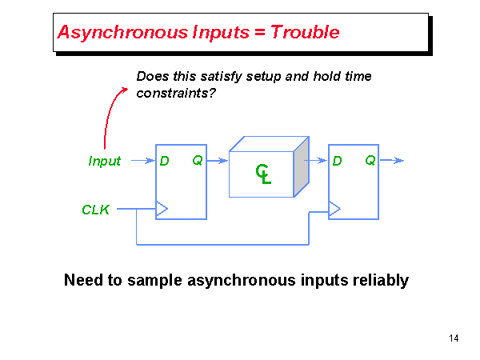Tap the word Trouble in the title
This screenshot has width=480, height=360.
pos(305,33)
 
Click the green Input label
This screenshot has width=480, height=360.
pos(104,161)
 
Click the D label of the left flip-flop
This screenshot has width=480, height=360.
pos(164,161)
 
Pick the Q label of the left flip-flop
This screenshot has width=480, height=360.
pos(197,161)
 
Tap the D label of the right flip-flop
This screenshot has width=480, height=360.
pos(337,161)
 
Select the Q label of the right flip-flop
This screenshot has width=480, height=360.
pos(370,161)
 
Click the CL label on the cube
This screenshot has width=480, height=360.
pos(263,173)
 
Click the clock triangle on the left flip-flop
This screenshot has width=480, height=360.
pos(162,210)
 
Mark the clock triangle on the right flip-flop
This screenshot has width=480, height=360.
pos(334,210)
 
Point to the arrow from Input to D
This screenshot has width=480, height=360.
pos(142,161)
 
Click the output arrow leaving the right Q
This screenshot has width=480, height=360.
pos(392,161)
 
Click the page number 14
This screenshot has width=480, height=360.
pos(454,338)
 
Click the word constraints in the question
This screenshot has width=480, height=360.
pos(171,93)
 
